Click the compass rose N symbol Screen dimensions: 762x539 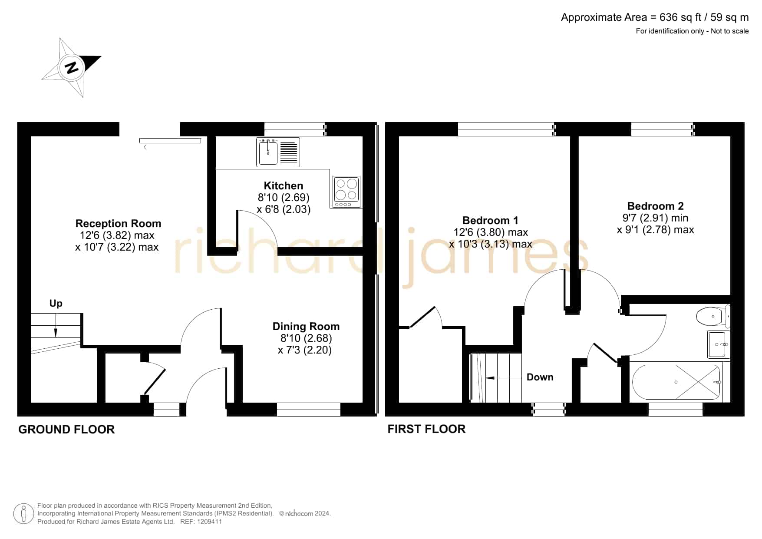click(x=72, y=68)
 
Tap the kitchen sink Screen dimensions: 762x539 click(x=278, y=152)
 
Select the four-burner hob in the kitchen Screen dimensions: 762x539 click(x=346, y=192)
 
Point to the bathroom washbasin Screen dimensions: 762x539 click(x=719, y=344)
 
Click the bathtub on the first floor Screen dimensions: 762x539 click(x=676, y=382)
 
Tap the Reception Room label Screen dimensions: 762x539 click(x=118, y=223)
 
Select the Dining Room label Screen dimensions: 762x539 click(x=306, y=326)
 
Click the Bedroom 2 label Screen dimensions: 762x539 click(x=656, y=206)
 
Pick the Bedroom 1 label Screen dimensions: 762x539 click(x=490, y=220)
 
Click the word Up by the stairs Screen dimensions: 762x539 click(x=56, y=304)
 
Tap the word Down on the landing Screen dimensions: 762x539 click(x=540, y=377)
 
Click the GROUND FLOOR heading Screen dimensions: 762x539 click(x=66, y=430)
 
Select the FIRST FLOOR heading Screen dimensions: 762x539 click(x=426, y=429)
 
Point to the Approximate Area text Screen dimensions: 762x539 click(x=655, y=17)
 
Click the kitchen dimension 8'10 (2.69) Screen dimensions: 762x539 click(x=284, y=198)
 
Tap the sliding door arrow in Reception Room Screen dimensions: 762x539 click(x=170, y=148)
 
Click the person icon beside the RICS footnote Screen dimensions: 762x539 click(x=23, y=514)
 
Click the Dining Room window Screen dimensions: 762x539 click(x=309, y=410)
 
